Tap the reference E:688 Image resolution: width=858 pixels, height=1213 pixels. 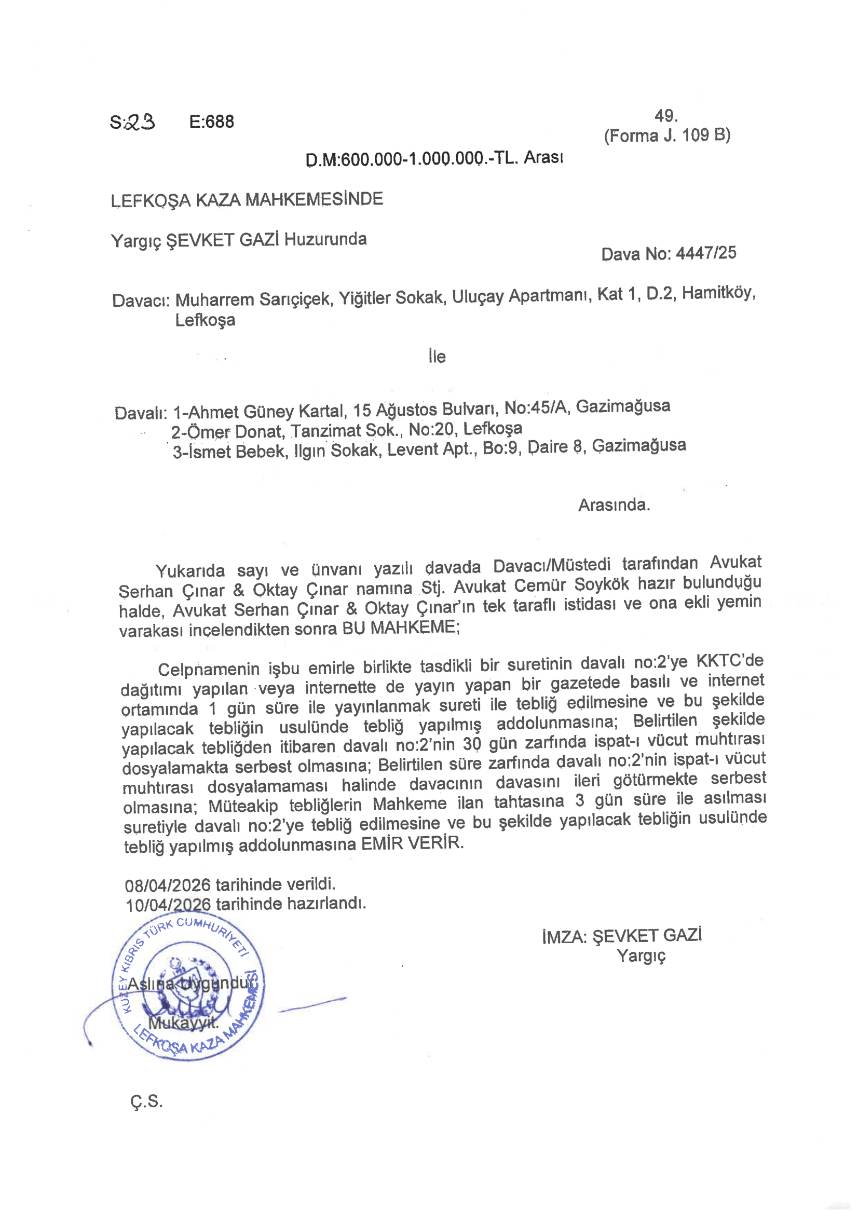point(211,122)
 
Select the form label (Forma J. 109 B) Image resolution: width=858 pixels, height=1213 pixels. point(667,135)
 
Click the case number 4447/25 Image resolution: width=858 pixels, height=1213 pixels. point(706,253)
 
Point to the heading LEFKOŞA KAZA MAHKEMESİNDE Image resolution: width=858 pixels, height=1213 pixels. point(247,200)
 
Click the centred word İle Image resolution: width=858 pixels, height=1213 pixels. point(437,357)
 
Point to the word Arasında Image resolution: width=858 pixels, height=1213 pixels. point(614,505)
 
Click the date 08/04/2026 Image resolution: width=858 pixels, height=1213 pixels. point(168,884)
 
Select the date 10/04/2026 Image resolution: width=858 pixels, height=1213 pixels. point(168,905)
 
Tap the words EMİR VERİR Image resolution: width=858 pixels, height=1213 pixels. point(412,843)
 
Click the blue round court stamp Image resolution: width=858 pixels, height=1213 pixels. point(188,992)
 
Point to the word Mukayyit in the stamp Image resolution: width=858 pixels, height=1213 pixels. point(183,1023)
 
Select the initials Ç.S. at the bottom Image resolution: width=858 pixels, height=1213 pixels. point(146,1101)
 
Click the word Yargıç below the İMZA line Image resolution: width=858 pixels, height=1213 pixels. point(641,956)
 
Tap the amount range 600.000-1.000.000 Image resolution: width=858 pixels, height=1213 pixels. point(412,158)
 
